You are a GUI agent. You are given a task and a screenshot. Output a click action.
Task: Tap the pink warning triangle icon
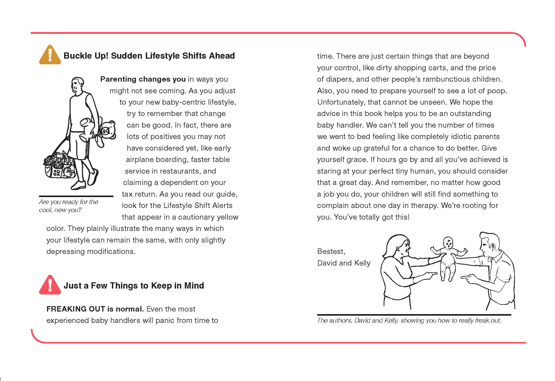50,285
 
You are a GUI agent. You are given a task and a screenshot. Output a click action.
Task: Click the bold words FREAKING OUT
75,309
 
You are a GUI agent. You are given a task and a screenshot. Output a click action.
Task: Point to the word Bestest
331,251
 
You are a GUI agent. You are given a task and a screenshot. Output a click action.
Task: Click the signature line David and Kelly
344,263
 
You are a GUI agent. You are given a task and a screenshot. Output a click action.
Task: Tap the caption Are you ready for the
69,202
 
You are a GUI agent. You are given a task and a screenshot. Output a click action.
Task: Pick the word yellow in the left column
228,217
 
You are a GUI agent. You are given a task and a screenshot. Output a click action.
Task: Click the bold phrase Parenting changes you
143,79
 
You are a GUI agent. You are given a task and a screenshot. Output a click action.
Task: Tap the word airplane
140,160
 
